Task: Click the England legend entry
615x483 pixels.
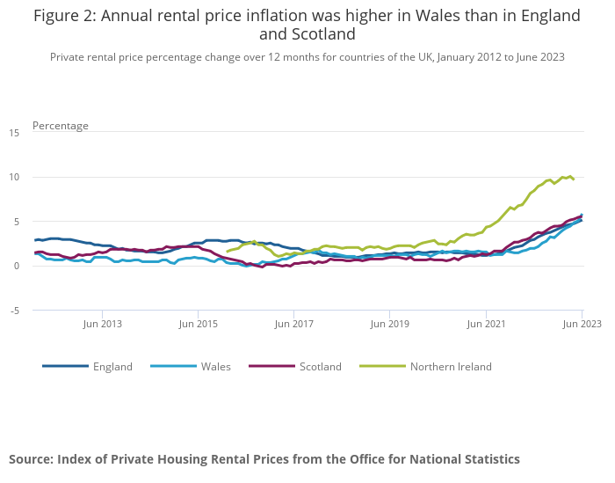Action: tap(112, 367)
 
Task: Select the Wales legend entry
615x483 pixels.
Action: tap(215, 367)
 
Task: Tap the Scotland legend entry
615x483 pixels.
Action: tap(320, 367)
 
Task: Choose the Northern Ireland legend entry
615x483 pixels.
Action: tap(451, 367)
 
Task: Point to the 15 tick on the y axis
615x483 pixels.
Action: tap(14, 133)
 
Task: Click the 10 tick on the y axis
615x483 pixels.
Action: tap(14, 178)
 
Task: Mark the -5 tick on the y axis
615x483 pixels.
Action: tap(14, 311)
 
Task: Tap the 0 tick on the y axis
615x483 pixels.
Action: tap(17, 266)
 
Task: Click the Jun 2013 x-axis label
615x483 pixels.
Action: tap(102, 325)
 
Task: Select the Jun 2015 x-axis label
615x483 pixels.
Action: tap(198, 325)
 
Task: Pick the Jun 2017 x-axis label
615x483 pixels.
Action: tap(294, 325)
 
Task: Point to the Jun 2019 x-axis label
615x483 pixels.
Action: tap(390, 325)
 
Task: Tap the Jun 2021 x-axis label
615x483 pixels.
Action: tap(486, 325)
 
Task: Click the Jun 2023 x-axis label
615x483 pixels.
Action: tap(582, 325)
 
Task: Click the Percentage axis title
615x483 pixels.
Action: tap(61, 126)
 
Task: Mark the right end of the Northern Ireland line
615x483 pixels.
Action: tap(574, 179)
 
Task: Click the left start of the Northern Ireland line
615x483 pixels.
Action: tap(227, 252)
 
